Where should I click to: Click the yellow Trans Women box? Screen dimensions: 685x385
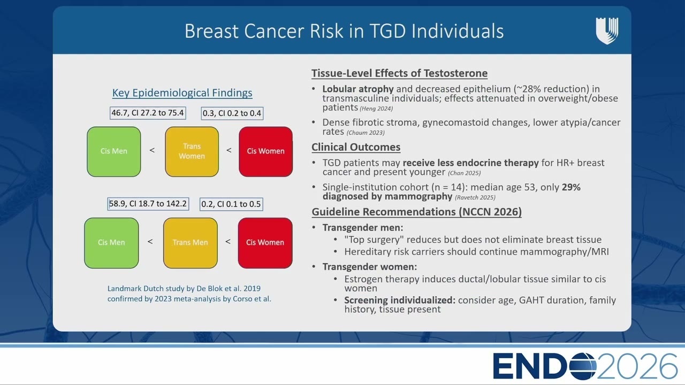pos(192,151)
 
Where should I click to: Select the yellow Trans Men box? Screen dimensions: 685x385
pos(190,243)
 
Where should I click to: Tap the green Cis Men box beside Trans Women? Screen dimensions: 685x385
pos(114,151)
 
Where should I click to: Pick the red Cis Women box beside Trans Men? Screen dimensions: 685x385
pos(265,243)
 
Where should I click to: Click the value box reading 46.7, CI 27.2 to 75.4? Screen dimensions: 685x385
pos(148,113)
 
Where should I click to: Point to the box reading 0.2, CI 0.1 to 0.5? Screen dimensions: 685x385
pos(231,204)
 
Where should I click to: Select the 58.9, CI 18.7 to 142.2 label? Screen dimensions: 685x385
pos(148,204)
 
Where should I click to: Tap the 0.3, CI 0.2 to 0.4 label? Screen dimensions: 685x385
pos(232,113)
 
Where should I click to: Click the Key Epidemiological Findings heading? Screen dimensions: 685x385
pos(182,93)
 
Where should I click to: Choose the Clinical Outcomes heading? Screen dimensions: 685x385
pos(356,147)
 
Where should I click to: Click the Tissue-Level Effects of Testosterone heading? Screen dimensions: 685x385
pos(399,73)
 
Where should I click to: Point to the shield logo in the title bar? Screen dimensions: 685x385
pos(607,31)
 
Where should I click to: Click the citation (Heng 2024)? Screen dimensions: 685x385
pos(376,109)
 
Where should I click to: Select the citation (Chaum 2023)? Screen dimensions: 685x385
pos(366,133)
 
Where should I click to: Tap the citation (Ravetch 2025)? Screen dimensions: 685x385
pos(475,197)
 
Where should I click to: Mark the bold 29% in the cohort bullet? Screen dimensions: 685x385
pos(571,187)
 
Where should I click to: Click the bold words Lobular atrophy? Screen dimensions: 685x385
pos(358,89)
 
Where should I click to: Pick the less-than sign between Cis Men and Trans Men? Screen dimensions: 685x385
pos(150,242)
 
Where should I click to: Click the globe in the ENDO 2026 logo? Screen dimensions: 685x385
pos(583,366)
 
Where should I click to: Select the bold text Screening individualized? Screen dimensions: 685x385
pos(400,300)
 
